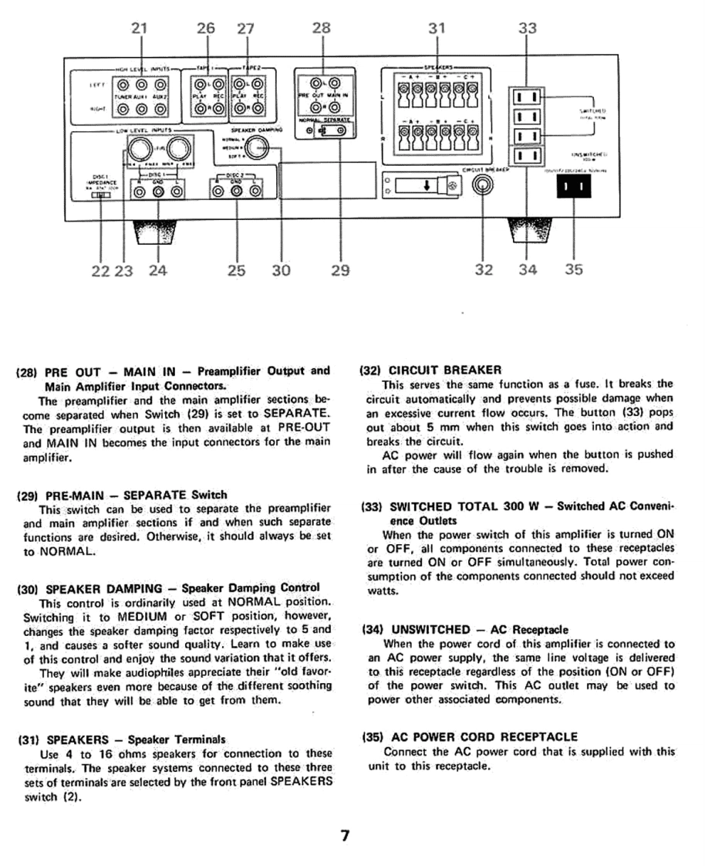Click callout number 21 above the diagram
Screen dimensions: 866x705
[139, 29]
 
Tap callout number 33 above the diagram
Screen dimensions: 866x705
[527, 29]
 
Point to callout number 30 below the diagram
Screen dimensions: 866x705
[282, 269]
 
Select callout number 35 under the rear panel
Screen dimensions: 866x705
[574, 269]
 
